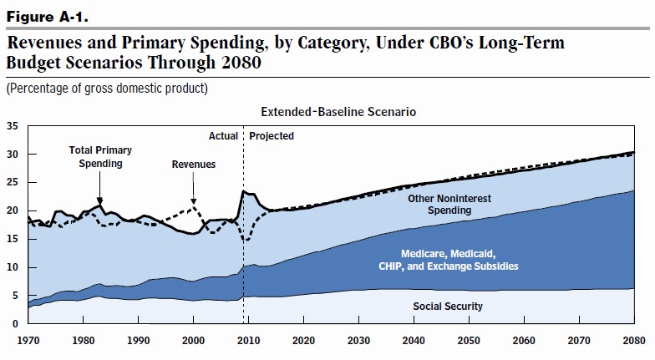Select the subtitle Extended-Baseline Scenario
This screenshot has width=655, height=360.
point(338,111)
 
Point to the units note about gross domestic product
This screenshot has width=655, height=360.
point(107,88)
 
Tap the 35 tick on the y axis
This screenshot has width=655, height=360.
point(12,126)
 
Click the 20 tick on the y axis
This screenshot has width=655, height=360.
point(12,210)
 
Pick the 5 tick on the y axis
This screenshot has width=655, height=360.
point(14,295)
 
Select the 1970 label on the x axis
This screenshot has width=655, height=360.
point(28,341)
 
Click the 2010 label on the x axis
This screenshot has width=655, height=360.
point(249,341)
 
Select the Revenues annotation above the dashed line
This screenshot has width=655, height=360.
point(194,165)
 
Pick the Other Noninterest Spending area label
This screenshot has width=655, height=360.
point(449,205)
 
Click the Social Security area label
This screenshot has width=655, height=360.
point(448,307)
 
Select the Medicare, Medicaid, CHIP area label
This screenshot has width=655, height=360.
point(448,260)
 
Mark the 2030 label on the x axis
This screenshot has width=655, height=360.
point(359,341)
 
